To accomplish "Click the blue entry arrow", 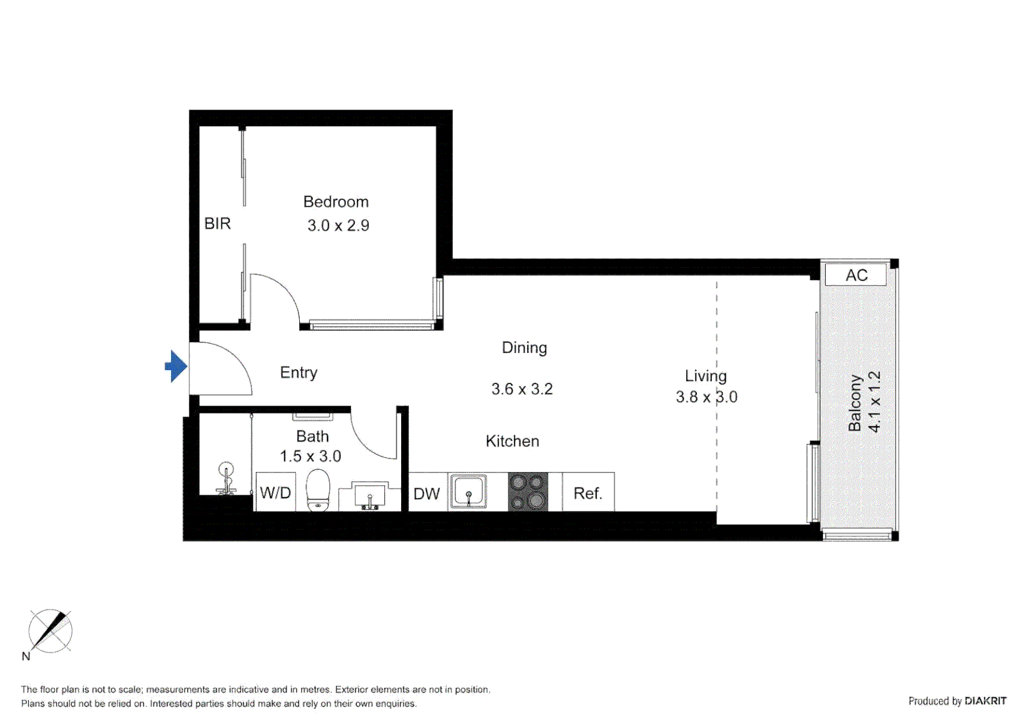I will click(x=176, y=367).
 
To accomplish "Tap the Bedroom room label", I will click(x=335, y=202).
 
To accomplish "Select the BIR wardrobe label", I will click(x=217, y=224).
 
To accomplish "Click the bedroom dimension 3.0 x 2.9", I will click(x=338, y=226).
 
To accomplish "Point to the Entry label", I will click(x=299, y=373).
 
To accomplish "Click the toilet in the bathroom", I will click(x=318, y=489).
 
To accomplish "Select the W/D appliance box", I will click(x=275, y=493).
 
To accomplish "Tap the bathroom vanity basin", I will click(x=370, y=497).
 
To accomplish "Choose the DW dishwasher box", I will click(x=427, y=493).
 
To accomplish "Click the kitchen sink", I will click(x=468, y=491).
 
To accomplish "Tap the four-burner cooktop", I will click(x=528, y=491).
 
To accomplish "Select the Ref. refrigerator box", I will click(x=588, y=493).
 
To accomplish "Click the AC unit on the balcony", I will click(x=856, y=275).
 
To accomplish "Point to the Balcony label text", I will click(x=855, y=403).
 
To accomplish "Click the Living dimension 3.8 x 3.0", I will click(x=706, y=397).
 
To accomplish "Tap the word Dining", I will click(x=524, y=348).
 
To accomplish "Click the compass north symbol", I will click(x=50, y=632).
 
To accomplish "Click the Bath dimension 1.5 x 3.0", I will click(x=311, y=456).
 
